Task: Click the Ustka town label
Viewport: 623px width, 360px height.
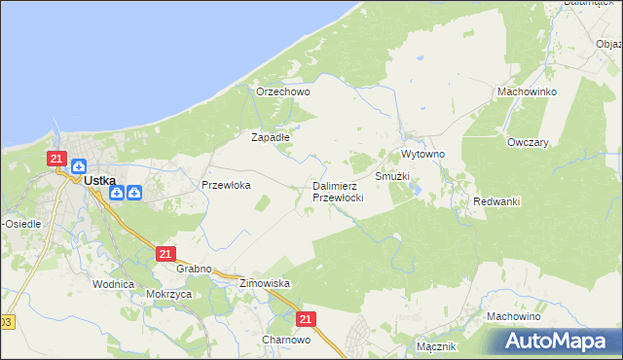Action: pyautogui.click(x=100, y=180)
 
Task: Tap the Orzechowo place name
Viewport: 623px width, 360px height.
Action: pyautogui.click(x=282, y=92)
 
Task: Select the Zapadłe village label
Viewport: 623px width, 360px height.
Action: pyautogui.click(x=271, y=137)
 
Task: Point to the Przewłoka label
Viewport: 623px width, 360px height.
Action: pyautogui.click(x=226, y=185)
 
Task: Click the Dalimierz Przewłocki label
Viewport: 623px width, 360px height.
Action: pyautogui.click(x=338, y=192)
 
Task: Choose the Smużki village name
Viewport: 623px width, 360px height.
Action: pyautogui.click(x=392, y=176)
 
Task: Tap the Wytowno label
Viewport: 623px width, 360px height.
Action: pyautogui.click(x=423, y=155)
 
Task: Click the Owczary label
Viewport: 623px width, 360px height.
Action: pyautogui.click(x=528, y=142)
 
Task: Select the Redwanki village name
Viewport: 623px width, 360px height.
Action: pyautogui.click(x=496, y=201)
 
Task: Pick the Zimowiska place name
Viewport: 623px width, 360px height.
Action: pyautogui.click(x=265, y=283)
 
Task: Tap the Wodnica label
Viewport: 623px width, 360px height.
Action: pyautogui.click(x=112, y=284)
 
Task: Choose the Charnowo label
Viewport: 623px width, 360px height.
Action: pyautogui.click(x=285, y=340)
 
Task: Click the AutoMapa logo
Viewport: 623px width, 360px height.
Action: pyautogui.click(x=559, y=342)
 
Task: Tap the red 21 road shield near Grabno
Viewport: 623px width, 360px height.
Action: pyautogui.click(x=165, y=254)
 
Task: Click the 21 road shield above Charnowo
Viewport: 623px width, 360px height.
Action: pyautogui.click(x=307, y=319)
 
